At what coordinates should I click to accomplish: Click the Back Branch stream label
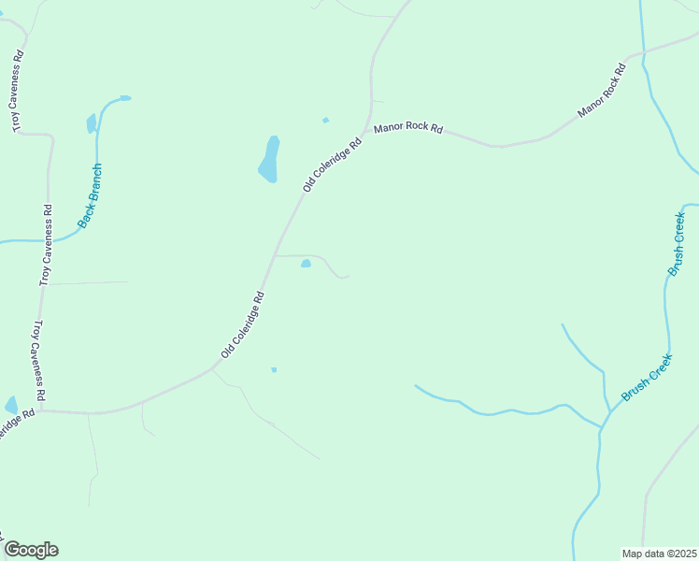pos(90,197)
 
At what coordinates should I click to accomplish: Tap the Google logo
pos(31,550)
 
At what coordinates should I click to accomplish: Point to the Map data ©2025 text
pos(659,554)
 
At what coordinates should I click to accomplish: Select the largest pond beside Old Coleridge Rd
pos(269,160)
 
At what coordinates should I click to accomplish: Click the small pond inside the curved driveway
pos(306,264)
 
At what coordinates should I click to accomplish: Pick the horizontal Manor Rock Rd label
pos(407,128)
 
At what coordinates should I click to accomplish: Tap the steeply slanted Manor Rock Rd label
pos(601,90)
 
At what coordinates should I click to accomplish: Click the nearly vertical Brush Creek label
pos(677,243)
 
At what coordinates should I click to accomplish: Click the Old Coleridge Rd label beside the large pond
pos(332,166)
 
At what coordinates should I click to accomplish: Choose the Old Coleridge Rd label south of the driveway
pos(243,324)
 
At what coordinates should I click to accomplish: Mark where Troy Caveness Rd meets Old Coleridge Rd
pos(40,410)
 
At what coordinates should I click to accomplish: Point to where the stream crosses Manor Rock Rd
pos(644,54)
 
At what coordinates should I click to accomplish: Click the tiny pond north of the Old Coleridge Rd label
pos(325,120)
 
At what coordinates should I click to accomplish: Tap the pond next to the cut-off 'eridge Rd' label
pos(11,405)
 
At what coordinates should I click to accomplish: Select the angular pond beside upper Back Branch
pos(92,123)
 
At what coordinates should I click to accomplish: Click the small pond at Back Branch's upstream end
pos(124,97)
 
